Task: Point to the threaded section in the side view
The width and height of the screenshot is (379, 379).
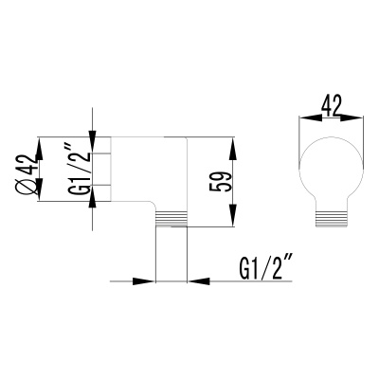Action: (171, 219)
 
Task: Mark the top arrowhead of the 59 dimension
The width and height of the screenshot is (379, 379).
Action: (230, 141)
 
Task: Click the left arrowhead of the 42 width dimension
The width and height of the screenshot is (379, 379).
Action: (306, 118)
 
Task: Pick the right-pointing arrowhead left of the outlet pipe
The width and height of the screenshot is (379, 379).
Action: (148, 280)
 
